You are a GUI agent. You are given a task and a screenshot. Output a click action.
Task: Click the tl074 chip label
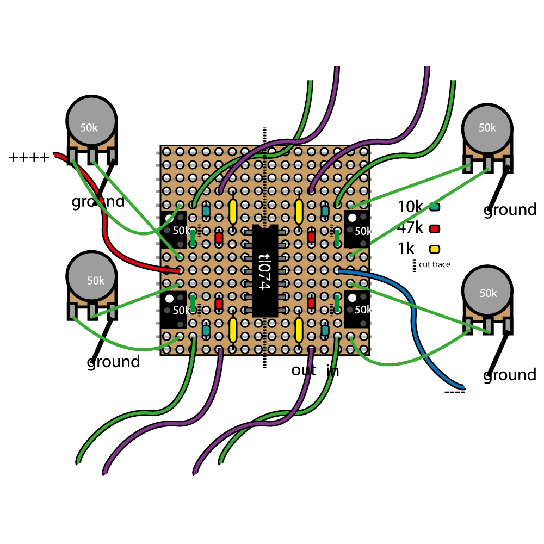pos(265,271)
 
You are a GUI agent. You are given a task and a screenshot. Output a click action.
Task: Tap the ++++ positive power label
pos(29,158)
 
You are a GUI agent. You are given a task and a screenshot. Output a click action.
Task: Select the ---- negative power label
pos(455,392)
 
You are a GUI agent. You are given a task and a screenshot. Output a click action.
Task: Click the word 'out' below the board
pos(304,371)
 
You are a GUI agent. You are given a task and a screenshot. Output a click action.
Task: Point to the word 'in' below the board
pos(332,371)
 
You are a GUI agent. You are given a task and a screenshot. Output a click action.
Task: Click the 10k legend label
pos(410,207)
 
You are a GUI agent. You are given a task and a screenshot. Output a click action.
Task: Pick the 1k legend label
pos(406,249)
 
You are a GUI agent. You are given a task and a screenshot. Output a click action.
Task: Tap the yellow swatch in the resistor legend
pos(435,249)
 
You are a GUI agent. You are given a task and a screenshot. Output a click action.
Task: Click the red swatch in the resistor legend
pos(435,228)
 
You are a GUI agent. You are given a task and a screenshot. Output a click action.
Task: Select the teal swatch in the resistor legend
pos(435,207)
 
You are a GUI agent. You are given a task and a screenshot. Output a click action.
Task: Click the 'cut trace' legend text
pos(435,265)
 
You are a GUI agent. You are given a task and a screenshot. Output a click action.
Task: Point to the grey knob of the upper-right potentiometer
pos(487,128)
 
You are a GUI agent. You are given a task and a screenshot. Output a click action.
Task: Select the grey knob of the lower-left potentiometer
pos(91,279)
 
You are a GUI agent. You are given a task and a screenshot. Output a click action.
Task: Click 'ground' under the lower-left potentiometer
pos(113,362)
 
